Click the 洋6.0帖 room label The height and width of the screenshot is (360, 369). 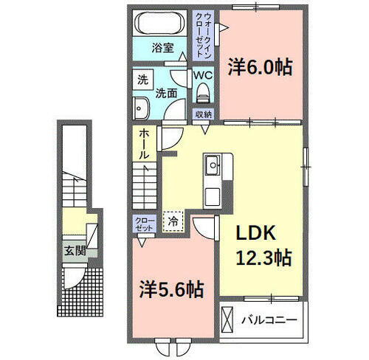260,68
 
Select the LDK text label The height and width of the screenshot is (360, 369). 255,233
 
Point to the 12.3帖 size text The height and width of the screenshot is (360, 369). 263,257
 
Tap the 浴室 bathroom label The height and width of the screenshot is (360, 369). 163,48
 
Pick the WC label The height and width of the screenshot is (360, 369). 203,75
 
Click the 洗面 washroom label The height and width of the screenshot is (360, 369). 166,93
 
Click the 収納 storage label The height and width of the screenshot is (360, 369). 203,114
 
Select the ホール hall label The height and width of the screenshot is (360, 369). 145,145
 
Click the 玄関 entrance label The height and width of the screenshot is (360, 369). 74,249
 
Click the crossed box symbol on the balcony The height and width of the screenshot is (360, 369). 232,321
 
